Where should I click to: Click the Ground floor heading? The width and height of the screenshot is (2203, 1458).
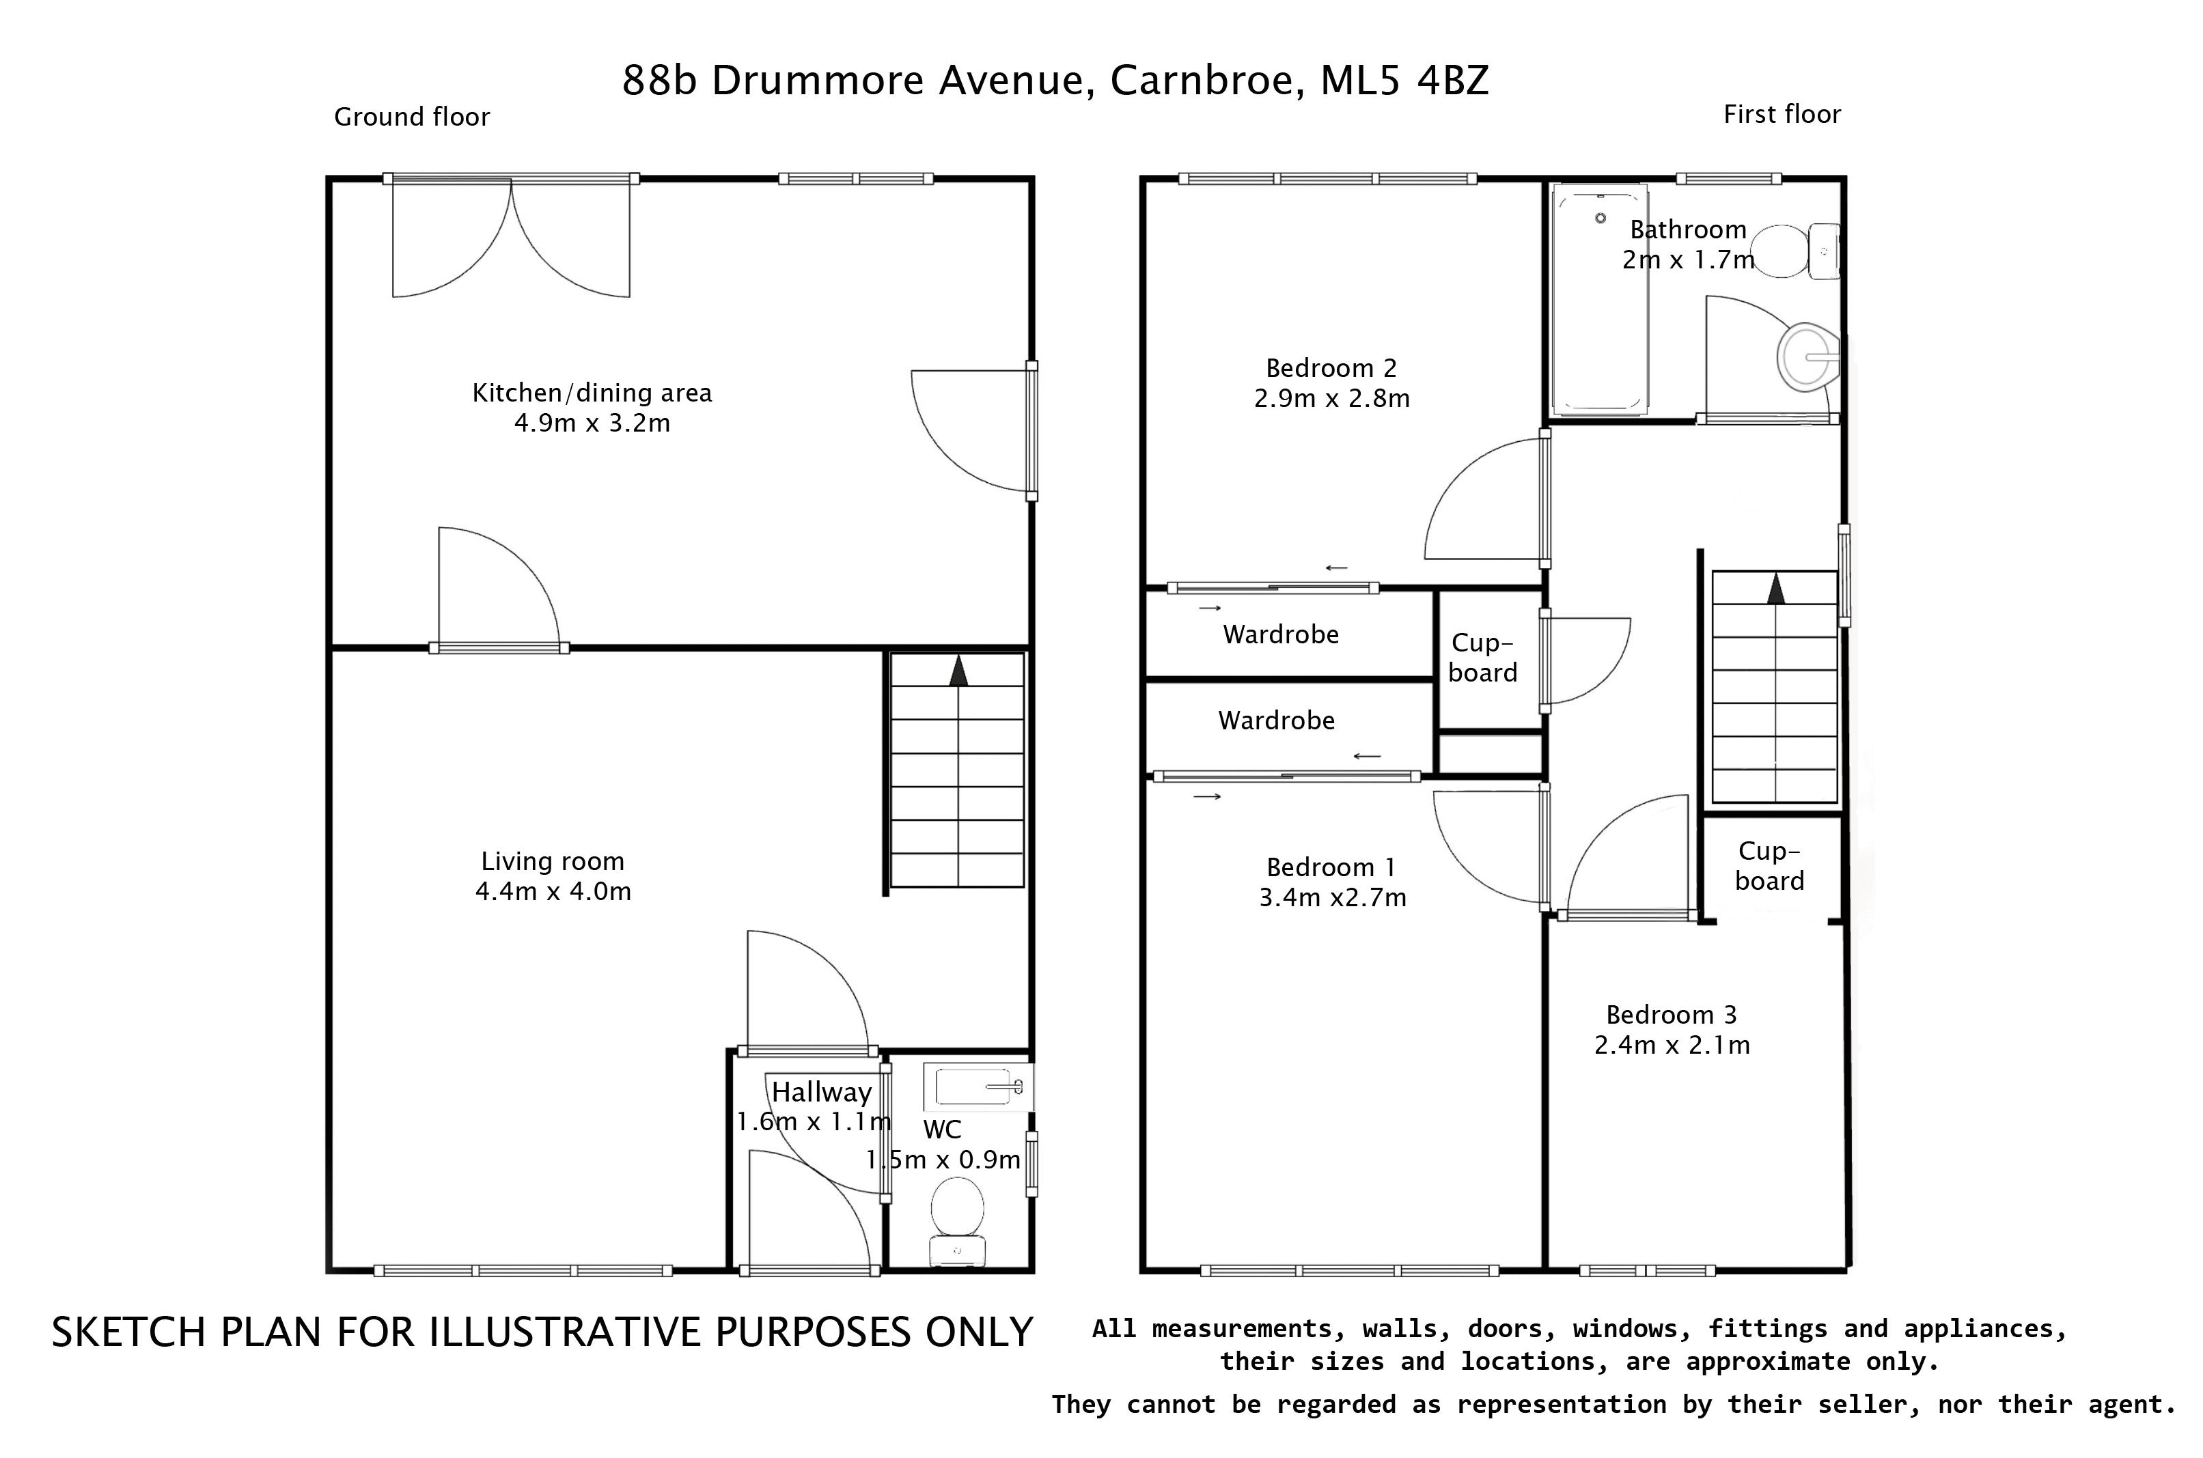coord(411,117)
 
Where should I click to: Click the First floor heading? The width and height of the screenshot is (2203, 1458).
coord(1781,114)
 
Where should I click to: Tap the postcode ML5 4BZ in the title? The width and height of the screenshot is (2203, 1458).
coord(1404,81)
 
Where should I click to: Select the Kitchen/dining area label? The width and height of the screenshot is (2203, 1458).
coord(592,393)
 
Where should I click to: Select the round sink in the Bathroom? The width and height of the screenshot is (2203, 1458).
coord(1806,356)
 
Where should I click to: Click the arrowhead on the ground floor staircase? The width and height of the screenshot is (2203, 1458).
coord(958,671)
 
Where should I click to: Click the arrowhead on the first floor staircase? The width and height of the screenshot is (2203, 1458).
coord(1775,588)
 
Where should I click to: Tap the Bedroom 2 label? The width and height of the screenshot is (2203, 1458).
coord(1331,368)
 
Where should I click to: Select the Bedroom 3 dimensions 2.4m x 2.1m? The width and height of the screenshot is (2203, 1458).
coord(1671,1045)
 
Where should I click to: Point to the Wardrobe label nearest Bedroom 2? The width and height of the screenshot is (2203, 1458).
coord(1281,634)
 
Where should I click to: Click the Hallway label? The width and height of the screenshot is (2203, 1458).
coord(821,1092)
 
